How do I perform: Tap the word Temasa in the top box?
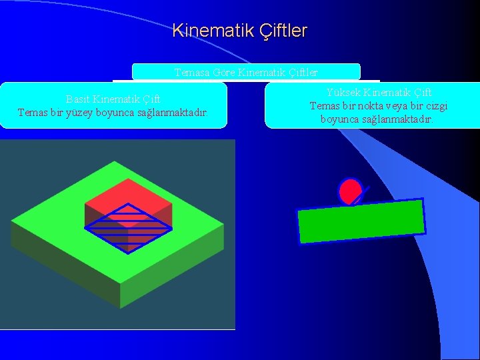coord(190,72)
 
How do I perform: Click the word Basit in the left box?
coord(78,100)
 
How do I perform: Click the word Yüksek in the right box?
coord(345,92)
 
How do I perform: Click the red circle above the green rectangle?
coord(349,192)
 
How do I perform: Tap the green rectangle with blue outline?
coord(361,221)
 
